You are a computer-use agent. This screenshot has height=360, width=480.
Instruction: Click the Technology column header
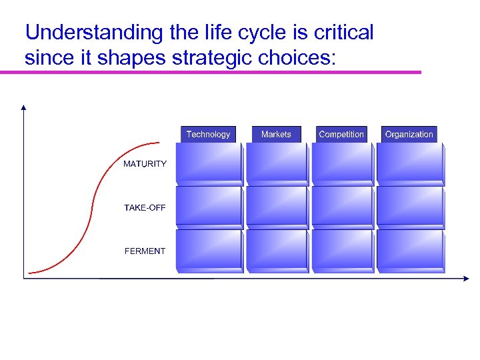(208, 134)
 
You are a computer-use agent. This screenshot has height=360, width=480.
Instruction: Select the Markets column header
(276, 134)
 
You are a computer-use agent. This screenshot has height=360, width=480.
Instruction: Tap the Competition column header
(341, 134)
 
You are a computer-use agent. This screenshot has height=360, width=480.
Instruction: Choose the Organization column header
(409, 134)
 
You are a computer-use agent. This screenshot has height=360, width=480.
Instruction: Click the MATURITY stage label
(145, 164)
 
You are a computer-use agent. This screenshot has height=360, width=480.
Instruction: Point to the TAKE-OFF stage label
(145, 208)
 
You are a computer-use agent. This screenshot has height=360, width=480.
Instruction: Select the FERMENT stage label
(145, 251)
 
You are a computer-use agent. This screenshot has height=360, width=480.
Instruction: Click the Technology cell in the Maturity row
(209, 163)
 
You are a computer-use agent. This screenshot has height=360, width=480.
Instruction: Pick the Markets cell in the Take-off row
(277, 207)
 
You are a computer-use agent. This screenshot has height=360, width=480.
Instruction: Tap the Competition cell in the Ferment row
(343, 250)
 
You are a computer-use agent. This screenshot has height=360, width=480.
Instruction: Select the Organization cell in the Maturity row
(410, 163)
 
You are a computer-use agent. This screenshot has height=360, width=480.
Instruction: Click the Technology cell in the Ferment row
(209, 250)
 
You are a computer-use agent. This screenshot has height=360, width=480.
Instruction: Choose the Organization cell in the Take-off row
(410, 207)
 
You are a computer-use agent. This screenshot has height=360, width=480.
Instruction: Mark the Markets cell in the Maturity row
(277, 163)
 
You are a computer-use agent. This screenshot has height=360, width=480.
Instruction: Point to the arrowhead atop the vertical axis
(24, 107)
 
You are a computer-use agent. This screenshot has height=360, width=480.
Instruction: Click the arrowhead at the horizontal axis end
(466, 279)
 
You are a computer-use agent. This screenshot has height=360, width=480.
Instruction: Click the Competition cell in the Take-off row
(343, 207)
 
